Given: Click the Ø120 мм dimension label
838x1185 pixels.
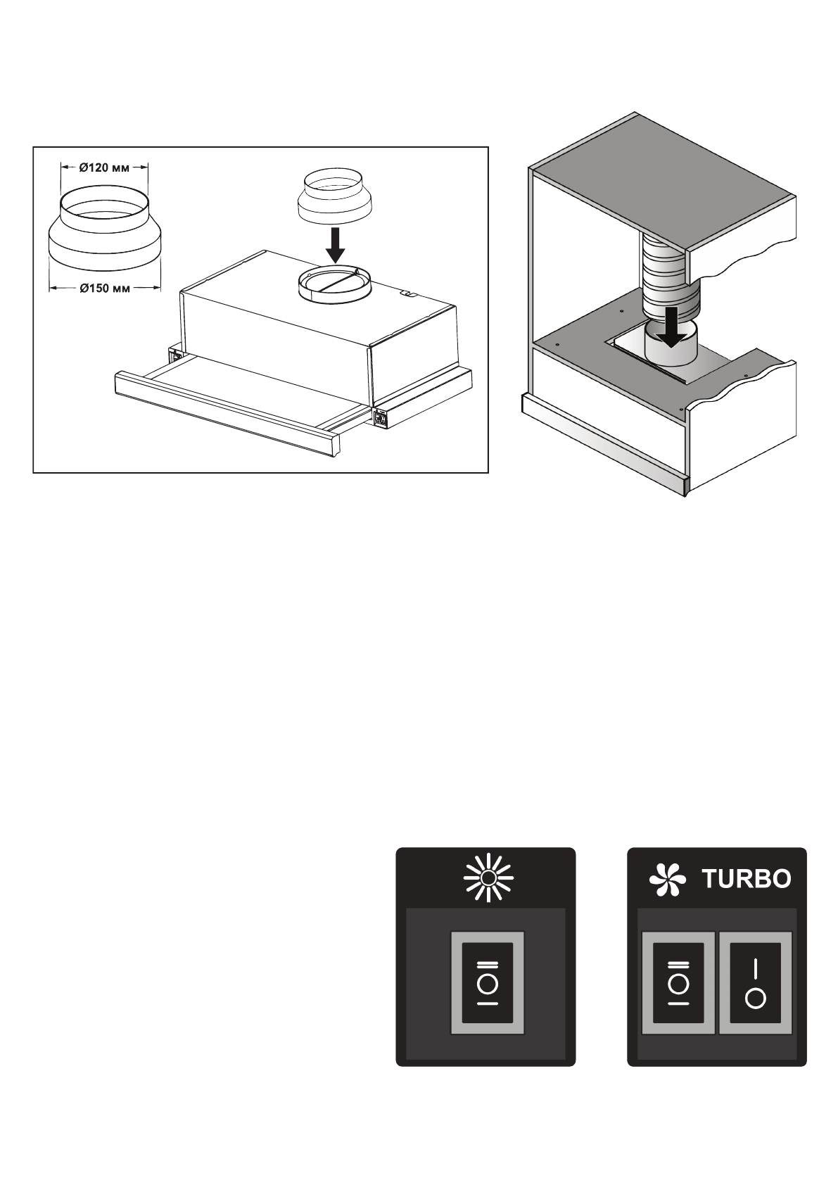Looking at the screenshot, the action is [x=104, y=167].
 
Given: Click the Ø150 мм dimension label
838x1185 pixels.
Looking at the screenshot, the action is [x=104, y=287].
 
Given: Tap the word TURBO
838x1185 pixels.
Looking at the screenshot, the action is [x=747, y=879].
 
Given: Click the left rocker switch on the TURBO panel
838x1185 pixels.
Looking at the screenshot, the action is [x=679, y=982].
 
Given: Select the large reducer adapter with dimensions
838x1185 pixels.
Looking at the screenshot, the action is [x=104, y=229].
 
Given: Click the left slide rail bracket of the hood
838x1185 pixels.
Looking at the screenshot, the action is [x=173, y=354].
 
